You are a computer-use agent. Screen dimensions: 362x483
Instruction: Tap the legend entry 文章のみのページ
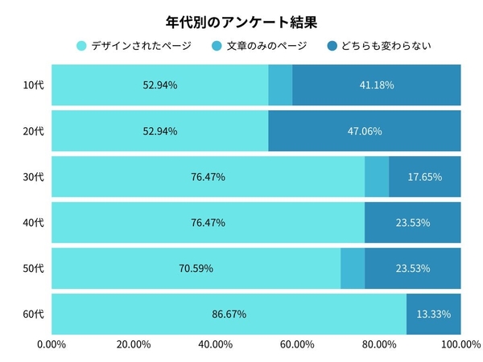pos(258,45)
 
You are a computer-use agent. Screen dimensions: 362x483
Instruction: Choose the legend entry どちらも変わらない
pos(378,45)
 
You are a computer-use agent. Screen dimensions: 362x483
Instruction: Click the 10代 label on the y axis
pos(34,85)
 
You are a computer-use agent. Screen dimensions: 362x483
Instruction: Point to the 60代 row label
pos(34,314)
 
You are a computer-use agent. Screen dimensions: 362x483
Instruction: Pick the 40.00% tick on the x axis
pos(216,345)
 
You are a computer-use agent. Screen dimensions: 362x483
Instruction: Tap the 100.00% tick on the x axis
pos(460,345)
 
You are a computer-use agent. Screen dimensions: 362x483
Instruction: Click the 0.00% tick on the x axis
pos(52,345)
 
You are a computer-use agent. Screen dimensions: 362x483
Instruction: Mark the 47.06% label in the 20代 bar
pos(365,131)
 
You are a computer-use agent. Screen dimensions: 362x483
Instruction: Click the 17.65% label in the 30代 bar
pos(425,177)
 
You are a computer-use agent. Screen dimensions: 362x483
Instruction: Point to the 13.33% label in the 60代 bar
pos(434,314)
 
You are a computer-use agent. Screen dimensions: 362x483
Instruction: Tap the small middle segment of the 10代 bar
pos(280,85)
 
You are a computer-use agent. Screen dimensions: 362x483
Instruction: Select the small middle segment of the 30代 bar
pos(377,177)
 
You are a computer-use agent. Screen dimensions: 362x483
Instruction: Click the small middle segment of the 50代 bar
pos(353,268)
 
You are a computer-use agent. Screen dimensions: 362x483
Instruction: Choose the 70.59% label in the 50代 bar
pos(196,268)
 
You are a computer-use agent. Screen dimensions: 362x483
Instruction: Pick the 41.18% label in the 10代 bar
pos(377,85)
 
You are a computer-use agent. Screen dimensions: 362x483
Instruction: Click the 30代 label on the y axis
pos(34,177)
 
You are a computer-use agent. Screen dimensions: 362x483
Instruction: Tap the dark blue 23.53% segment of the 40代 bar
pos(413,223)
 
